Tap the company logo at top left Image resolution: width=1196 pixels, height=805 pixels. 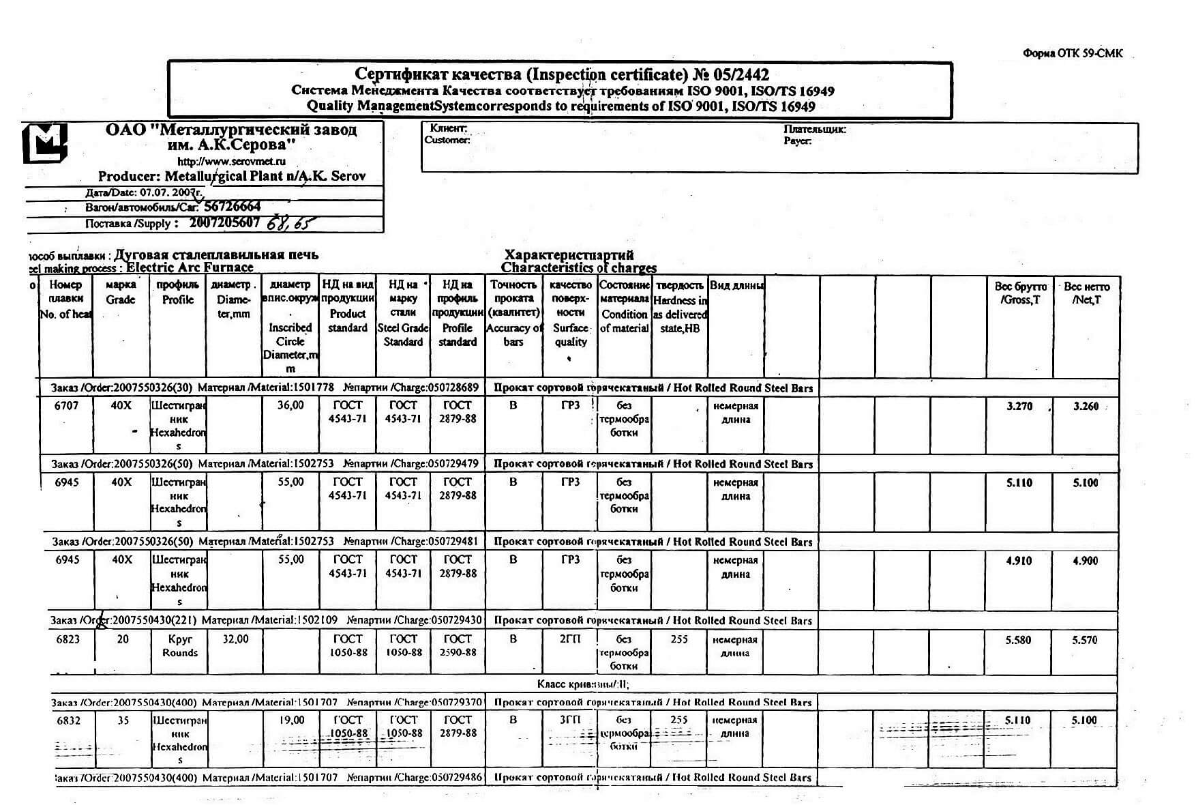pyautogui.click(x=45, y=143)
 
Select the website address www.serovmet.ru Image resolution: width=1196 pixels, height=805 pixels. pyautogui.click(x=231, y=162)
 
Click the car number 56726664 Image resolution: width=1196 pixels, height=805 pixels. pyautogui.click(x=233, y=207)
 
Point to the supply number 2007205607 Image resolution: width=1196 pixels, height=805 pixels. pyautogui.click(x=224, y=222)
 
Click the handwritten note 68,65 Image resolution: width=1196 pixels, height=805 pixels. pyautogui.click(x=291, y=223)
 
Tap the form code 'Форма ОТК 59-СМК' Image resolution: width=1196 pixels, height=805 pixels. pyautogui.click(x=1073, y=53)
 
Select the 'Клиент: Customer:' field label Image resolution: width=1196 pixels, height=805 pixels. pyautogui.click(x=447, y=134)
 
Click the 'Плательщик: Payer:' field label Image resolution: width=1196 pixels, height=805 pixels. pyautogui.click(x=814, y=134)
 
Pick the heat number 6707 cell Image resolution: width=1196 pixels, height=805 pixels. pyautogui.click(x=66, y=406)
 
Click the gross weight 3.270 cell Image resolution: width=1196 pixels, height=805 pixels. pyautogui.click(x=1019, y=407)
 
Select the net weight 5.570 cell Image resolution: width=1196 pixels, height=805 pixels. pyautogui.click(x=1085, y=640)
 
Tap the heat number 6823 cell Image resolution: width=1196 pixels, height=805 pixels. pyautogui.click(x=68, y=639)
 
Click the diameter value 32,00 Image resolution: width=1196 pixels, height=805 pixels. pyautogui.click(x=235, y=639)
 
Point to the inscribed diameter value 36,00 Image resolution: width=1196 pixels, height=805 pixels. pyautogui.click(x=290, y=405)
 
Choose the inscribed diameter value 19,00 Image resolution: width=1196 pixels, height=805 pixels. pyautogui.click(x=291, y=720)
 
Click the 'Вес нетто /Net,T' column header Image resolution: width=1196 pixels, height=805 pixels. pyautogui.click(x=1086, y=293)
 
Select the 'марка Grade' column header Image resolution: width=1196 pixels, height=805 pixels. pyautogui.click(x=121, y=292)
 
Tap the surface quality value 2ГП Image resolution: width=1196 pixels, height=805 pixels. pyautogui.click(x=570, y=639)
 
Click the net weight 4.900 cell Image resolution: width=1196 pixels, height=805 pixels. pyautogui.click(x=1085, y=561)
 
